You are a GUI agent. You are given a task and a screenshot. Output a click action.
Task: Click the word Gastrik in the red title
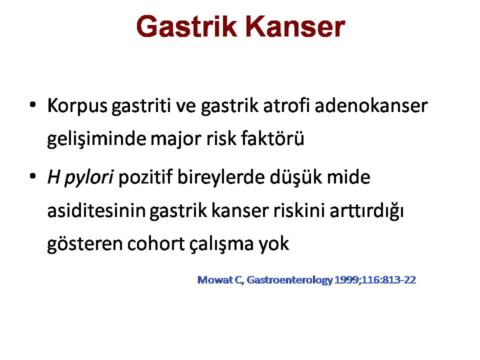pyautogui.click(x=186, y=26)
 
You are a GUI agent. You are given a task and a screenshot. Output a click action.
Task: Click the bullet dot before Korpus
pyautogui.click(x=32, y=104)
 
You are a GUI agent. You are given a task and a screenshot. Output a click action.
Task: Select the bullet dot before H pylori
pyautogui.click(x=32, y=176)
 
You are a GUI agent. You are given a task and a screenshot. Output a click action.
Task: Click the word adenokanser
pyautogui.click(x=371, y=105)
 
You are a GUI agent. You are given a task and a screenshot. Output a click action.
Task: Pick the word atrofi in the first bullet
pyautogui.click(x=286, y=105)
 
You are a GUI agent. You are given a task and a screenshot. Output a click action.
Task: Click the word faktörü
pyautogui.click(x=272, y=138)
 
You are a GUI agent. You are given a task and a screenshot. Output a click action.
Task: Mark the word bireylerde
pyautogui.click(x=220, y=178)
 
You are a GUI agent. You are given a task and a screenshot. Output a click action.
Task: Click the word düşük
pyautogui.click(x=295, y=178)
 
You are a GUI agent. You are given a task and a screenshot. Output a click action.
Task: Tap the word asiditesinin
pyautogui.click(x=96, y=210)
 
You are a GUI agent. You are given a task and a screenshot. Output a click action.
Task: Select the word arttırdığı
pyautogui.click(x=366, y=211)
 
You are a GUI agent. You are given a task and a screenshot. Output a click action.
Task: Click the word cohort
pyautogui.click(x=156, y=243)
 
